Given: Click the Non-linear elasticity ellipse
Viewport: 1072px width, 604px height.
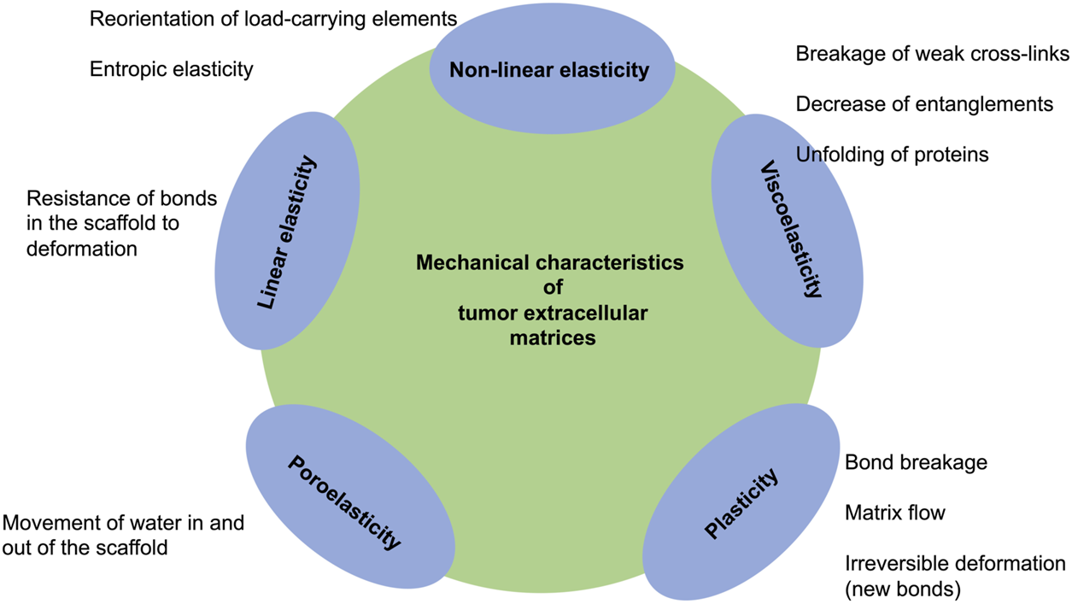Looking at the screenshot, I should pos(550,70).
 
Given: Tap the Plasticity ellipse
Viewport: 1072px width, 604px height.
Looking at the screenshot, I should pos(741,504).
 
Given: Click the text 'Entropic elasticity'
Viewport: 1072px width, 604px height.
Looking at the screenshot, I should pos(172,69).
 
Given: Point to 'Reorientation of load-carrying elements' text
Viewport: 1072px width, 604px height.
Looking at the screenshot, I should pos(273,18).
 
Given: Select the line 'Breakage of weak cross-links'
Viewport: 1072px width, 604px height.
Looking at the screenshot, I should pos(932,54).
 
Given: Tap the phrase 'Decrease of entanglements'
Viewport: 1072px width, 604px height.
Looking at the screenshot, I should pos(924,104).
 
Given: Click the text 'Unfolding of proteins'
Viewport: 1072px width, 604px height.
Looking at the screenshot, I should pos(892,155).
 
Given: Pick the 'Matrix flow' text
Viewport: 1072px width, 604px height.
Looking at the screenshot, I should pos(894,513).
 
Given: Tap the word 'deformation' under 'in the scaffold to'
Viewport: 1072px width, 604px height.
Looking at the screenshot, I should pos(81,249).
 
